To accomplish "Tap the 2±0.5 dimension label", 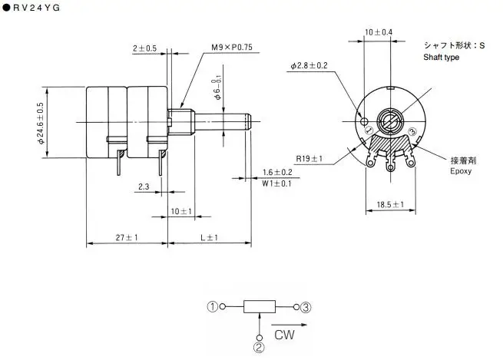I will [x=144, y=48].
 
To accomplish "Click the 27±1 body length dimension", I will [x=126, y=238].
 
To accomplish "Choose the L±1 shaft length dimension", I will [x=209, y=238].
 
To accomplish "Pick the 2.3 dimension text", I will [x=144, y=187].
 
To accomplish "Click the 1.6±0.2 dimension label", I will [x=276, y=172].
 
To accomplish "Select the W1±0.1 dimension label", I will [x=276, y=183].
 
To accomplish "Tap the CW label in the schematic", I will [x=285, y=334].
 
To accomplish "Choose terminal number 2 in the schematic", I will [x=259, y=347].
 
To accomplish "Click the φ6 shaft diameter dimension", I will [x=218, y=90].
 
